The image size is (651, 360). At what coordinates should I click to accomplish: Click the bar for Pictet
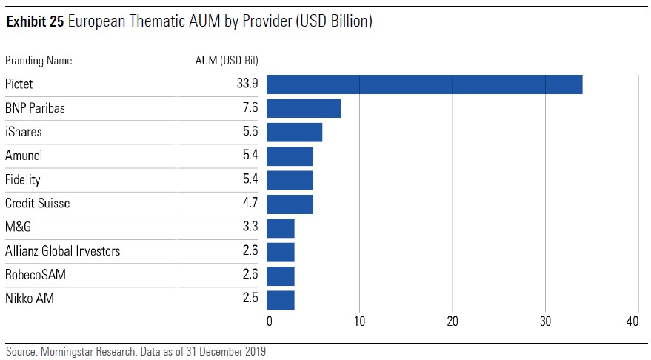coord(424,84)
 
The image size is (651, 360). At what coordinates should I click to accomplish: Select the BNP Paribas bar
coord(304,108)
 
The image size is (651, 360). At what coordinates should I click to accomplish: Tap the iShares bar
coord(294,132)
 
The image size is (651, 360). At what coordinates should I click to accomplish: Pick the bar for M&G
coord(281,228)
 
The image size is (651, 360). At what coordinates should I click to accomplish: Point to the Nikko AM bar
coord(281,299)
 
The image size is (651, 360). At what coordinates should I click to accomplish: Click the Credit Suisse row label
coord(38,204)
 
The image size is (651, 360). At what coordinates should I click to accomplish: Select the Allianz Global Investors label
coord(63,251)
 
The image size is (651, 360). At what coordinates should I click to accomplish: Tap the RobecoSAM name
coord(36,276)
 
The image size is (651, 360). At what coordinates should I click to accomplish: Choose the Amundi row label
coord(24,156)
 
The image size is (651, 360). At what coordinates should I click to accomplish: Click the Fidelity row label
coord(23,180)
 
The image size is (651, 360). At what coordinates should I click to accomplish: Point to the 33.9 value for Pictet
coord(247,84)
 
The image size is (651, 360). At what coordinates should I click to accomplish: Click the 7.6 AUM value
coord(250,108)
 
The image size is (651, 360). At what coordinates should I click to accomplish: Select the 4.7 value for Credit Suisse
coord(250,204)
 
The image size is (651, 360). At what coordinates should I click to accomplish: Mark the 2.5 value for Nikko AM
coord(250,299)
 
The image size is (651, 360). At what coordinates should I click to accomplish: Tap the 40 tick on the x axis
coord(632,321)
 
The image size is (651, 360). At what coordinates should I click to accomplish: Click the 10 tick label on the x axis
coord(359,321)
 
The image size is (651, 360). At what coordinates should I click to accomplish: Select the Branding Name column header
coord(39,61)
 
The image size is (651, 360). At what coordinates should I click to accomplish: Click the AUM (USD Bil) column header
coord(221,61)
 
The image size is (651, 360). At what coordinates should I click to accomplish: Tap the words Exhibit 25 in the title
coord(35,22)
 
